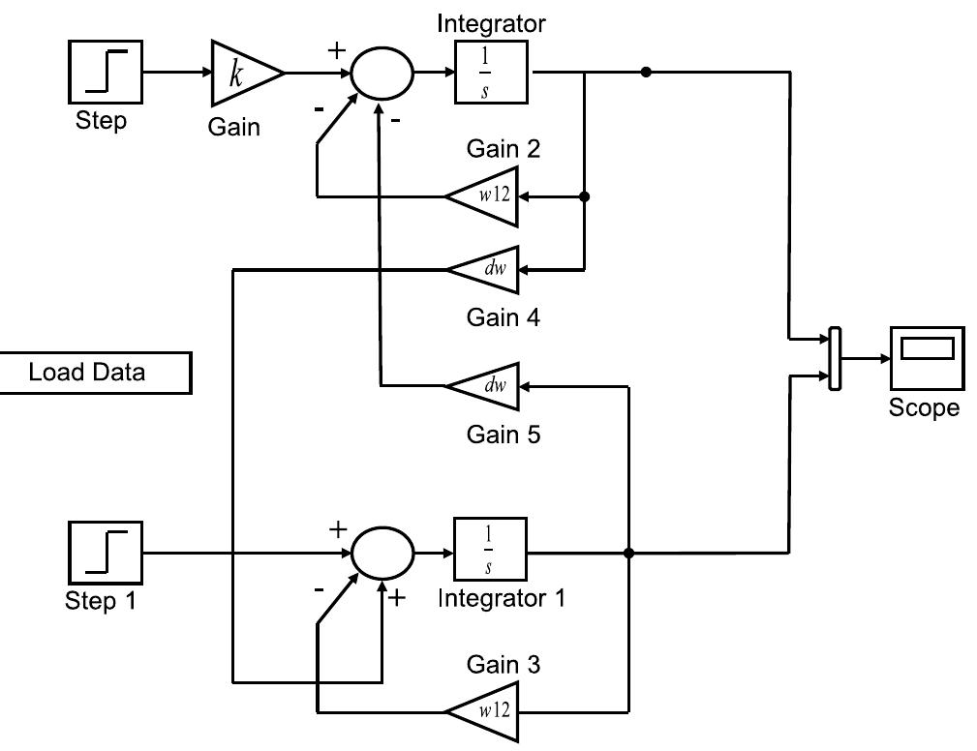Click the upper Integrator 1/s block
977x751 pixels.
tap(491, 73)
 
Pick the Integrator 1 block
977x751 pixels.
tap(490, 553)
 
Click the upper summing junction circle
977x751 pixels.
tap(382, 73)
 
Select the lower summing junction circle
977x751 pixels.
tap(382, 554)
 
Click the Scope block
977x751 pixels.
tap(927, 358)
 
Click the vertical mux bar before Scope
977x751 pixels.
tap(834, 359)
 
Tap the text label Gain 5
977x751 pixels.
tap(503, 435)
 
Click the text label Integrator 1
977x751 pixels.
tap(501, 598)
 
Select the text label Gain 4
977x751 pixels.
tap(503, 317)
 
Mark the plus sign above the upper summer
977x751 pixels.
tap(337, 50)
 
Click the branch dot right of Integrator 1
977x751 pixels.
tap(629, 554)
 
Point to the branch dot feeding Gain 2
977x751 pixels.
tap(584, 196)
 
